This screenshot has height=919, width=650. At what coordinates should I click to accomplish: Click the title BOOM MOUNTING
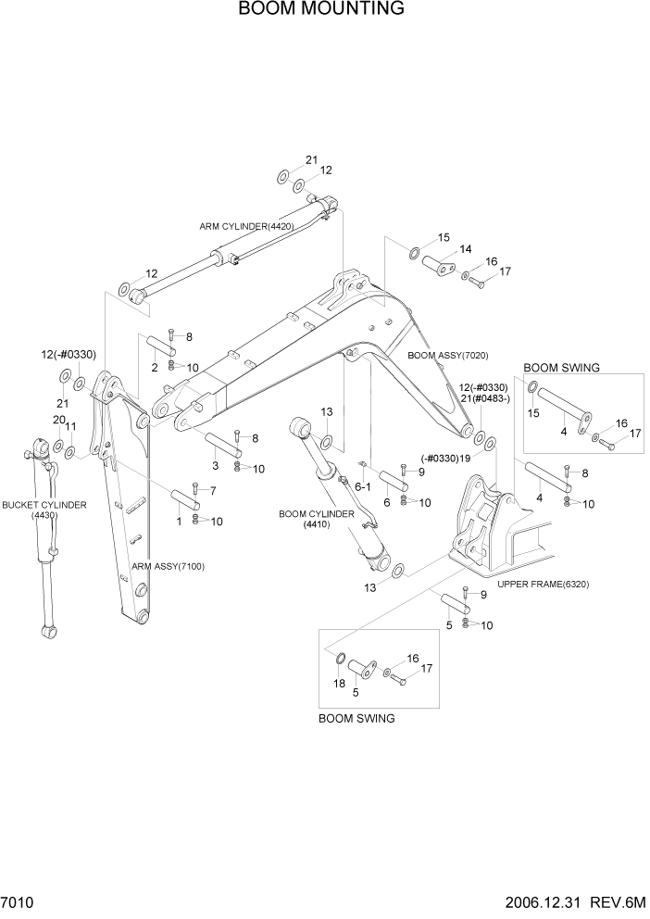pos(320,9)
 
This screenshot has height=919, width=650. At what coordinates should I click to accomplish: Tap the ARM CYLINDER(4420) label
pos(246,226)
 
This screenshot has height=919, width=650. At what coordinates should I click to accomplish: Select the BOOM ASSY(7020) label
pos(448,356)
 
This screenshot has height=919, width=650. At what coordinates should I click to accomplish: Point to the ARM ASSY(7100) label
pos(168,566)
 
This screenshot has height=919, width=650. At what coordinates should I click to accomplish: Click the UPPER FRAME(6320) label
pos(543,585)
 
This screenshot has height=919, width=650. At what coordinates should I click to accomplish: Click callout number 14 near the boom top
pos(465,248)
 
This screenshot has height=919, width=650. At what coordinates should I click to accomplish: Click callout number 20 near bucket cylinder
pos(58,421)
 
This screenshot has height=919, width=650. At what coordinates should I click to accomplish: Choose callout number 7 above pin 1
pos(212,490)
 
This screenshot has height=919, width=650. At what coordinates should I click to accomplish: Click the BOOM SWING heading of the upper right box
pos(561,368)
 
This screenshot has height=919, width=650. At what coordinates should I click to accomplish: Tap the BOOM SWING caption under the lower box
pos(356,718)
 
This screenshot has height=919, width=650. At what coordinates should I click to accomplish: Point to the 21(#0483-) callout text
pos(484,399)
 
